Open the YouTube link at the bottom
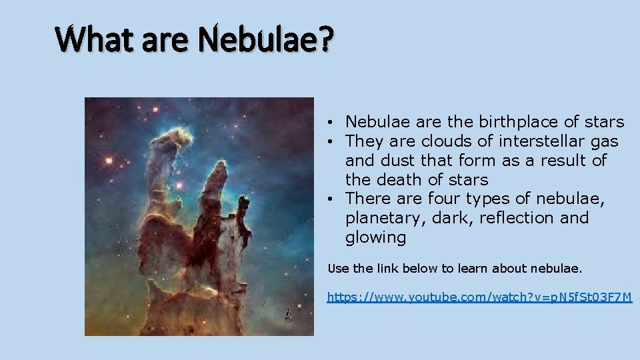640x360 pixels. click(479, 297)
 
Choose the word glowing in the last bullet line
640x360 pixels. click(375, 238)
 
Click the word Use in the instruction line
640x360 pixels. click(337, 269)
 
